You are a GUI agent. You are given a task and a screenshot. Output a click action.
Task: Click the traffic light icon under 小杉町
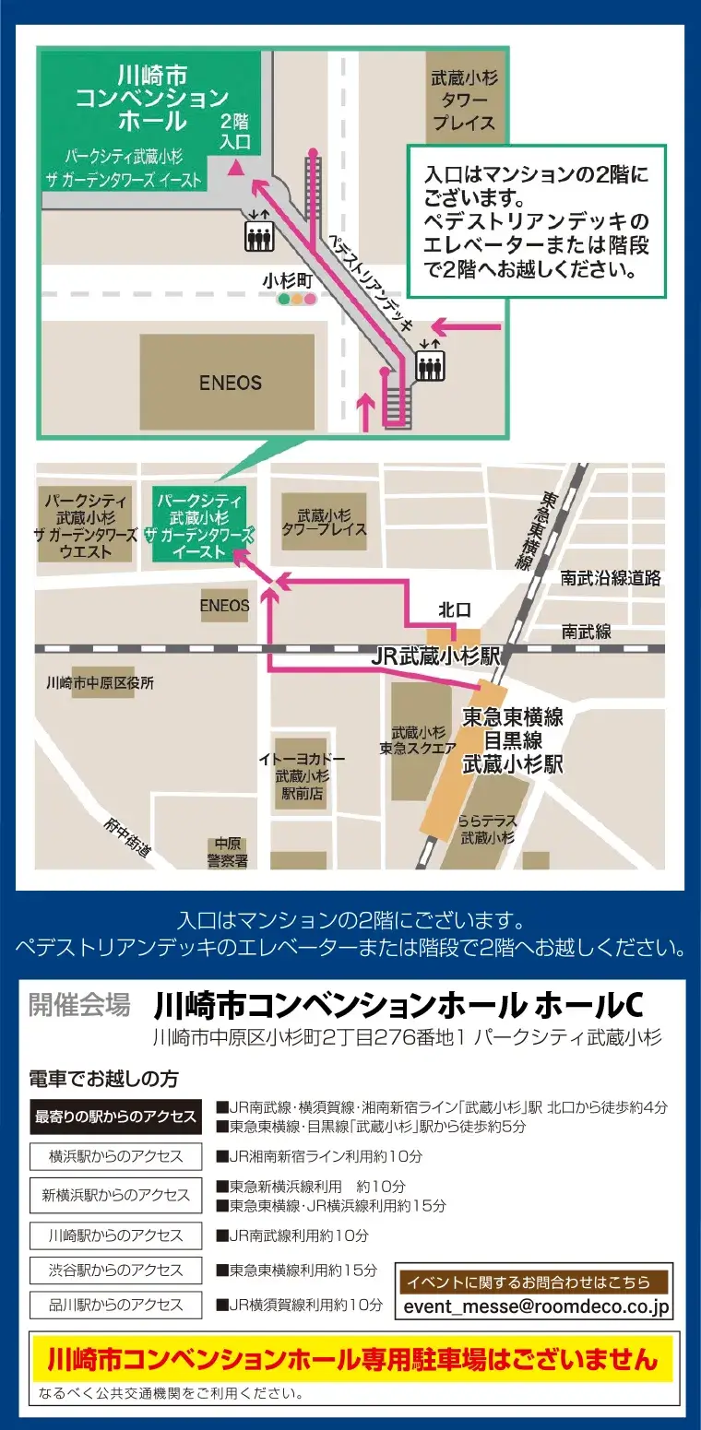click(x=297, y=299)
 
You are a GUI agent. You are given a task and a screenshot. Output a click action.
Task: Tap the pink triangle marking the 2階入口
click(x=236, y=168)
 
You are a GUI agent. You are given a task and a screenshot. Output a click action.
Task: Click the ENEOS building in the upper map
click(x=231, y=382)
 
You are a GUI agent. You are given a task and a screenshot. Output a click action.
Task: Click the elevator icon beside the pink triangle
click(x=258, y=236)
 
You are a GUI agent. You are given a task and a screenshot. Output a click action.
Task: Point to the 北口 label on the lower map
click(x=455, y=609)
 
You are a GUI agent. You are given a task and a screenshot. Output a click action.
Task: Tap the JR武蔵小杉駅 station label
click(x=435, y=656)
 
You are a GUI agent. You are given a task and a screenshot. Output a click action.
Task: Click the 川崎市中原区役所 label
click(x=100, y=683)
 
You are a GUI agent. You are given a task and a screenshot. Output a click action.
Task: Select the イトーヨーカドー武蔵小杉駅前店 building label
click(x=302, y=775)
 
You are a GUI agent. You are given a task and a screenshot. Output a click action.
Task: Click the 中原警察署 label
click(x=227, y=853)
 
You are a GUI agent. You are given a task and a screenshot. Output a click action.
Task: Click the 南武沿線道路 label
click(x=612, y=578)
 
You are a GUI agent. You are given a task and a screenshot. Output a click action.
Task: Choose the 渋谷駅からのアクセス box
click(x=115, y=1270)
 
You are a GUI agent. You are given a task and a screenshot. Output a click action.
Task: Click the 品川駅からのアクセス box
click(x=115, y=1305)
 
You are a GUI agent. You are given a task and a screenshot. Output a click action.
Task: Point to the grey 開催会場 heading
click(x=79, y=1005)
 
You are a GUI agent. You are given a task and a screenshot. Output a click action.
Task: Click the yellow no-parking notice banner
click(x=352, y=1359)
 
